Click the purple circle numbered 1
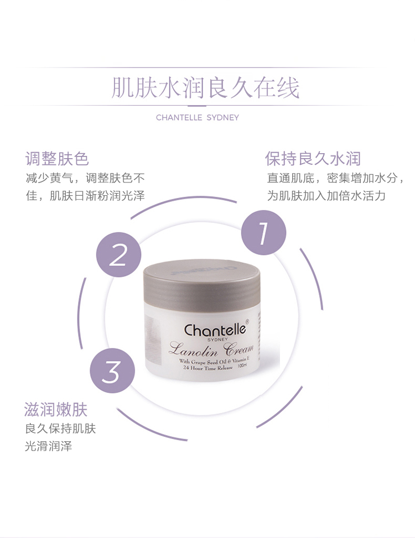pos(263,233)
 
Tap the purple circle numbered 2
pos(118,254)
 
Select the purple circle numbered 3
pos(112,370)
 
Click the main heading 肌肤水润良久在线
pos(206,88)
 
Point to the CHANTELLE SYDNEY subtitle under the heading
pos(198,117)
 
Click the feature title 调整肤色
pos(57,159)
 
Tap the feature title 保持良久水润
pos(313,159)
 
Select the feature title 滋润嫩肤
pos(56,409)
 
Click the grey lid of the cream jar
pos(201,284)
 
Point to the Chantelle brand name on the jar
pos(215,330)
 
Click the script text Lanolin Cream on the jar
pos(211,349)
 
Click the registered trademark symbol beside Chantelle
pos(247,321)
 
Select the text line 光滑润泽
pos(48,446)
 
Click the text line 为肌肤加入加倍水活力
pos(326,196)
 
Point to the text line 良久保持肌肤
pos(60,429)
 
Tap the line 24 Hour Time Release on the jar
pos(208,368)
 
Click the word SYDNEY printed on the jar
pos(217,339)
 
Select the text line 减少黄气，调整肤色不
pos(85,177)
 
